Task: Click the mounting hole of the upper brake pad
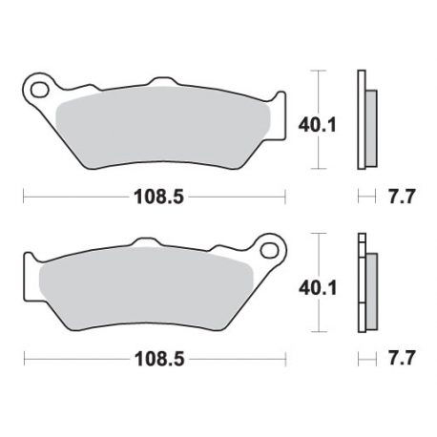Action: [40, 92]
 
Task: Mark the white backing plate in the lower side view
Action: [361, 286]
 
